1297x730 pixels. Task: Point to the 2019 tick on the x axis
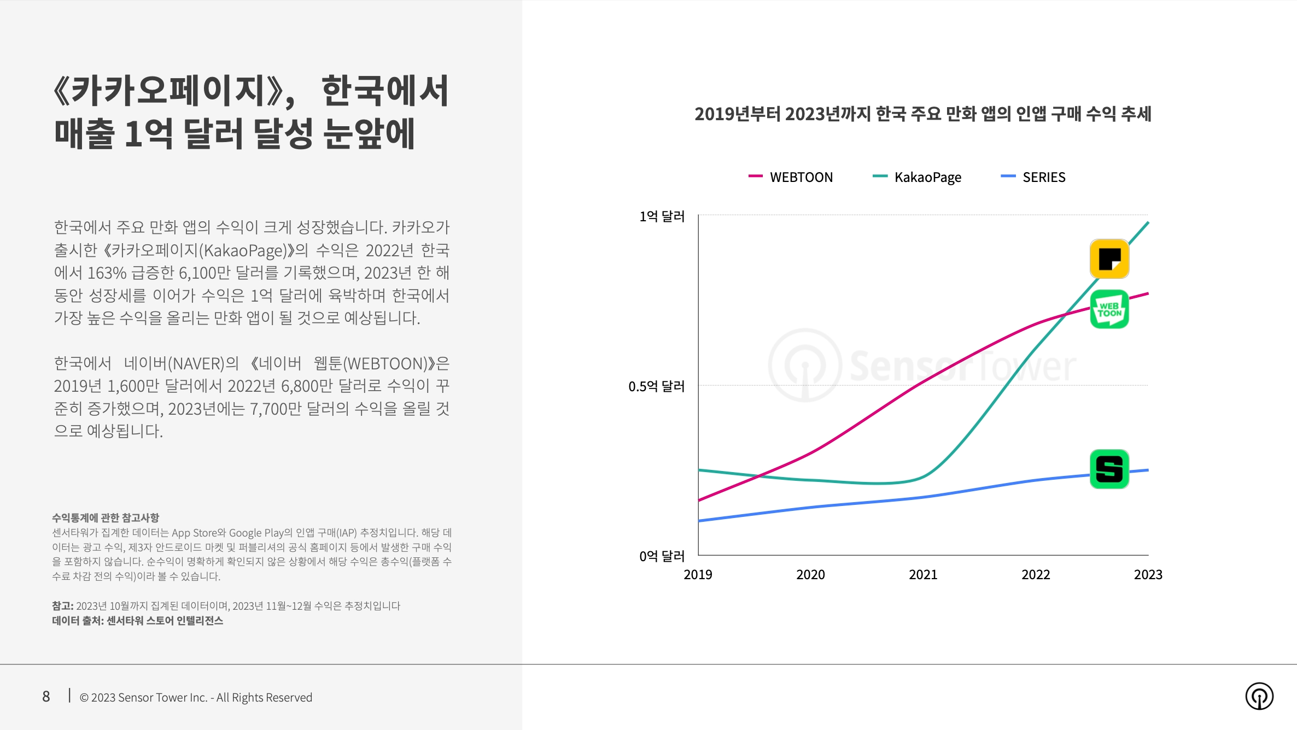pos(698,574)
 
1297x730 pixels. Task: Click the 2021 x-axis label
pos(923,574)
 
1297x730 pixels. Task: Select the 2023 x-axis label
pos(1148,574)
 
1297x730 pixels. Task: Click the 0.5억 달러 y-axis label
pos(656,386)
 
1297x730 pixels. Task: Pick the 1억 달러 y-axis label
pos(662,216)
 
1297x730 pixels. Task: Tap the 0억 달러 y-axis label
pos(662,556)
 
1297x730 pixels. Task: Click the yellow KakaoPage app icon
pos(1109,259)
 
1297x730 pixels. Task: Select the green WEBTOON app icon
pos(1109,309)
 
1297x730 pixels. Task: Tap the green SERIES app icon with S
pos(1109,469)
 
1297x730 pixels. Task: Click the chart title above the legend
pos(922,114)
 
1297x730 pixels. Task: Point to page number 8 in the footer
pos(46,697)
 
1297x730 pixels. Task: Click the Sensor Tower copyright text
pos(196,697)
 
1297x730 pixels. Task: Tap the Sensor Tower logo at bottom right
pos(1259,696)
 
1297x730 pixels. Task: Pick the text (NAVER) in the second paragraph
pos(196,363)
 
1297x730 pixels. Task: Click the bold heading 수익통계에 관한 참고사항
pos(106,517)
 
